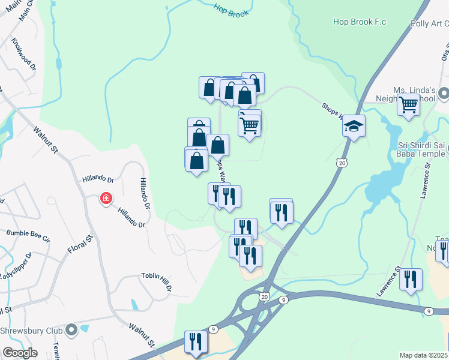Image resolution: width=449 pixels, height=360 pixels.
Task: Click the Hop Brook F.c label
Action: point(360,22)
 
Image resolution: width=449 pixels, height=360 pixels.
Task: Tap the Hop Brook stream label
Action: point(231,10)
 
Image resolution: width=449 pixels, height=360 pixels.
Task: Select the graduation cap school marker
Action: point(354,127)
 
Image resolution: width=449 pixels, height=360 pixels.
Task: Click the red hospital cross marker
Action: point(106,198)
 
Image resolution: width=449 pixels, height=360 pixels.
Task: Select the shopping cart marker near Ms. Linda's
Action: point(408,104)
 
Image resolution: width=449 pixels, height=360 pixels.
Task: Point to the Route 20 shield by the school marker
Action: point(342,162)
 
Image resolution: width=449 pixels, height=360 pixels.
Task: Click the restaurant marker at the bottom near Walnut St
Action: point(196,342)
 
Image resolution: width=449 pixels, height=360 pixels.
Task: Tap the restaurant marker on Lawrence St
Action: point(411,280)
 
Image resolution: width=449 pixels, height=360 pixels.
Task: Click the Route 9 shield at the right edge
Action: point(428,311)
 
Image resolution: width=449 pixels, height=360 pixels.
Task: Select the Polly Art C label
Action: point(429,23)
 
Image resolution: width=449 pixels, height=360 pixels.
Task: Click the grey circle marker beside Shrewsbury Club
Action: point(71,330)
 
